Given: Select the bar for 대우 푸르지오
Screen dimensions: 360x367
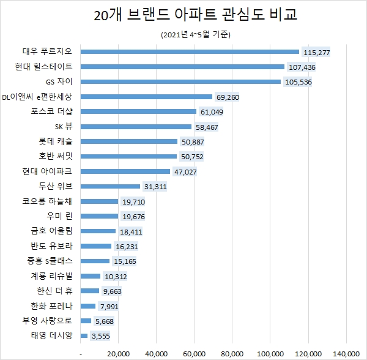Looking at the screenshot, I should [190, 51].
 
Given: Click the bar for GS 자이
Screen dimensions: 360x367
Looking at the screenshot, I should [180, 81].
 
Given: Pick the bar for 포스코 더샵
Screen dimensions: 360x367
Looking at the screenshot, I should [138, 111].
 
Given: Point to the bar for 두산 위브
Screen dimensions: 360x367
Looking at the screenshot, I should [110, 186].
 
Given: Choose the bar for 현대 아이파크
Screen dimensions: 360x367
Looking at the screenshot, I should [125, 171].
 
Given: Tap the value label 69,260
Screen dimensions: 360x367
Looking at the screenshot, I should [229, 97].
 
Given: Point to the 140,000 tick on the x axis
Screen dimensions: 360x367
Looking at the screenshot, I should [346, 353].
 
